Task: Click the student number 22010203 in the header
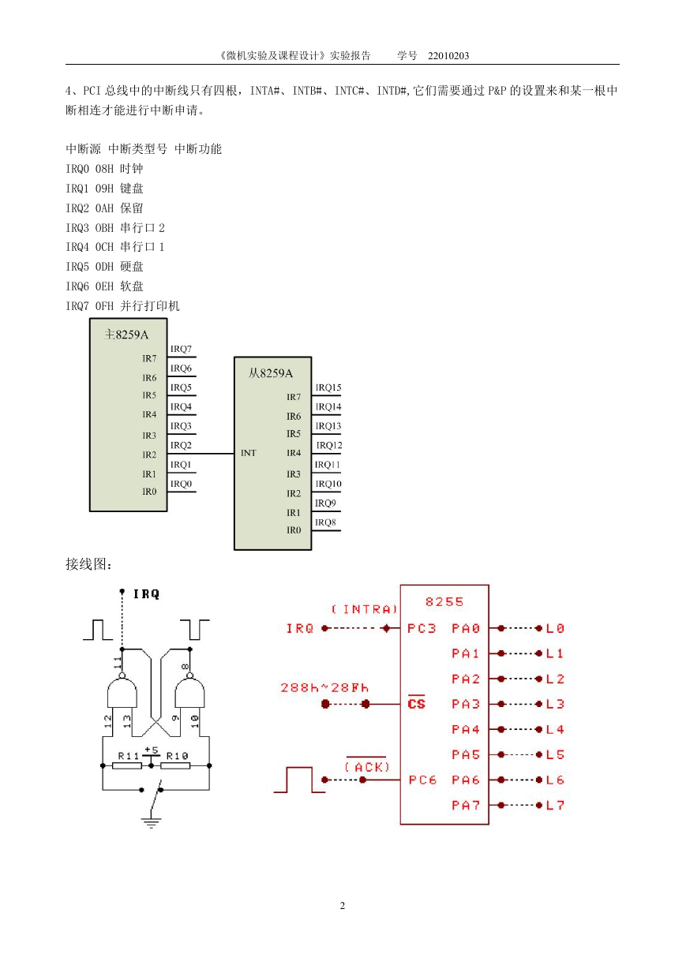pyautogui.click(x=448, y=56)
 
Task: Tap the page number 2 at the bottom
pyautogui.click(x=343, y=905)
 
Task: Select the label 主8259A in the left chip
pyautogui.click(x=126, y=335)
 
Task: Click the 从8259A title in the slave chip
pyautogui.click(x=271, y=373)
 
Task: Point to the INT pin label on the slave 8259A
pyautogui.click(x=249, y=453)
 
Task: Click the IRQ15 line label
pyautogui.click(x=328, y=387)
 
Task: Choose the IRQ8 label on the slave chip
pyautogui.click(x=325, y=522)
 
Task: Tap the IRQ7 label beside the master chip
pyautogui.click(x=181, y=349)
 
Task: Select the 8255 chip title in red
pyautogui.click(x=444, y=602)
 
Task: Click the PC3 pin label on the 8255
pyautogui.click(x=422, y=628)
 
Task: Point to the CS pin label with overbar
pyautogui.click(x=416, y=702)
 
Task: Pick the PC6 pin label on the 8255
pyautogui.click(x=422, y=780)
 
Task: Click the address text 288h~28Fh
pyautogui.click(x=324, y=687)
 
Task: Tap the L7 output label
pyautogui.click(x=555, y=805)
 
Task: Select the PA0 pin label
pyautogui.click(x=466, y=628)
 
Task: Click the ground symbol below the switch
pyautogui.click(x=151, y=822)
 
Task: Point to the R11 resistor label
pyautogui.click(x=129, y=756)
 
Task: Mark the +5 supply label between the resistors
pyautogui.click(x=152, y=750)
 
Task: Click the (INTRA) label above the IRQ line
pyautogui.click(x=365, y=609)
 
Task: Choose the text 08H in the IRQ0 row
pyautogui.click(x=104, y=169)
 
